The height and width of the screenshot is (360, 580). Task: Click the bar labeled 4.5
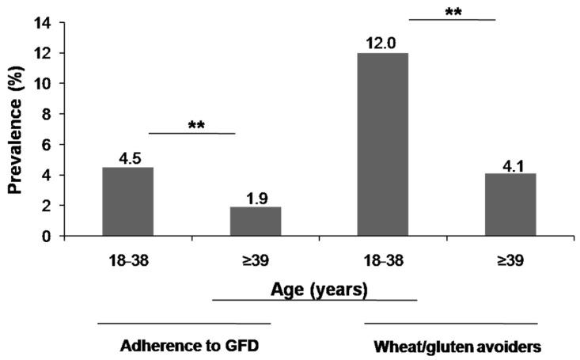point(128,202)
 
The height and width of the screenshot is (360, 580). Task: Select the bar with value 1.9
point(256,222)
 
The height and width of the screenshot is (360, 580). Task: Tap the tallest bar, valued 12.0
point(383,145)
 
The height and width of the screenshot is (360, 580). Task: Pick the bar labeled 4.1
point(510,205)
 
